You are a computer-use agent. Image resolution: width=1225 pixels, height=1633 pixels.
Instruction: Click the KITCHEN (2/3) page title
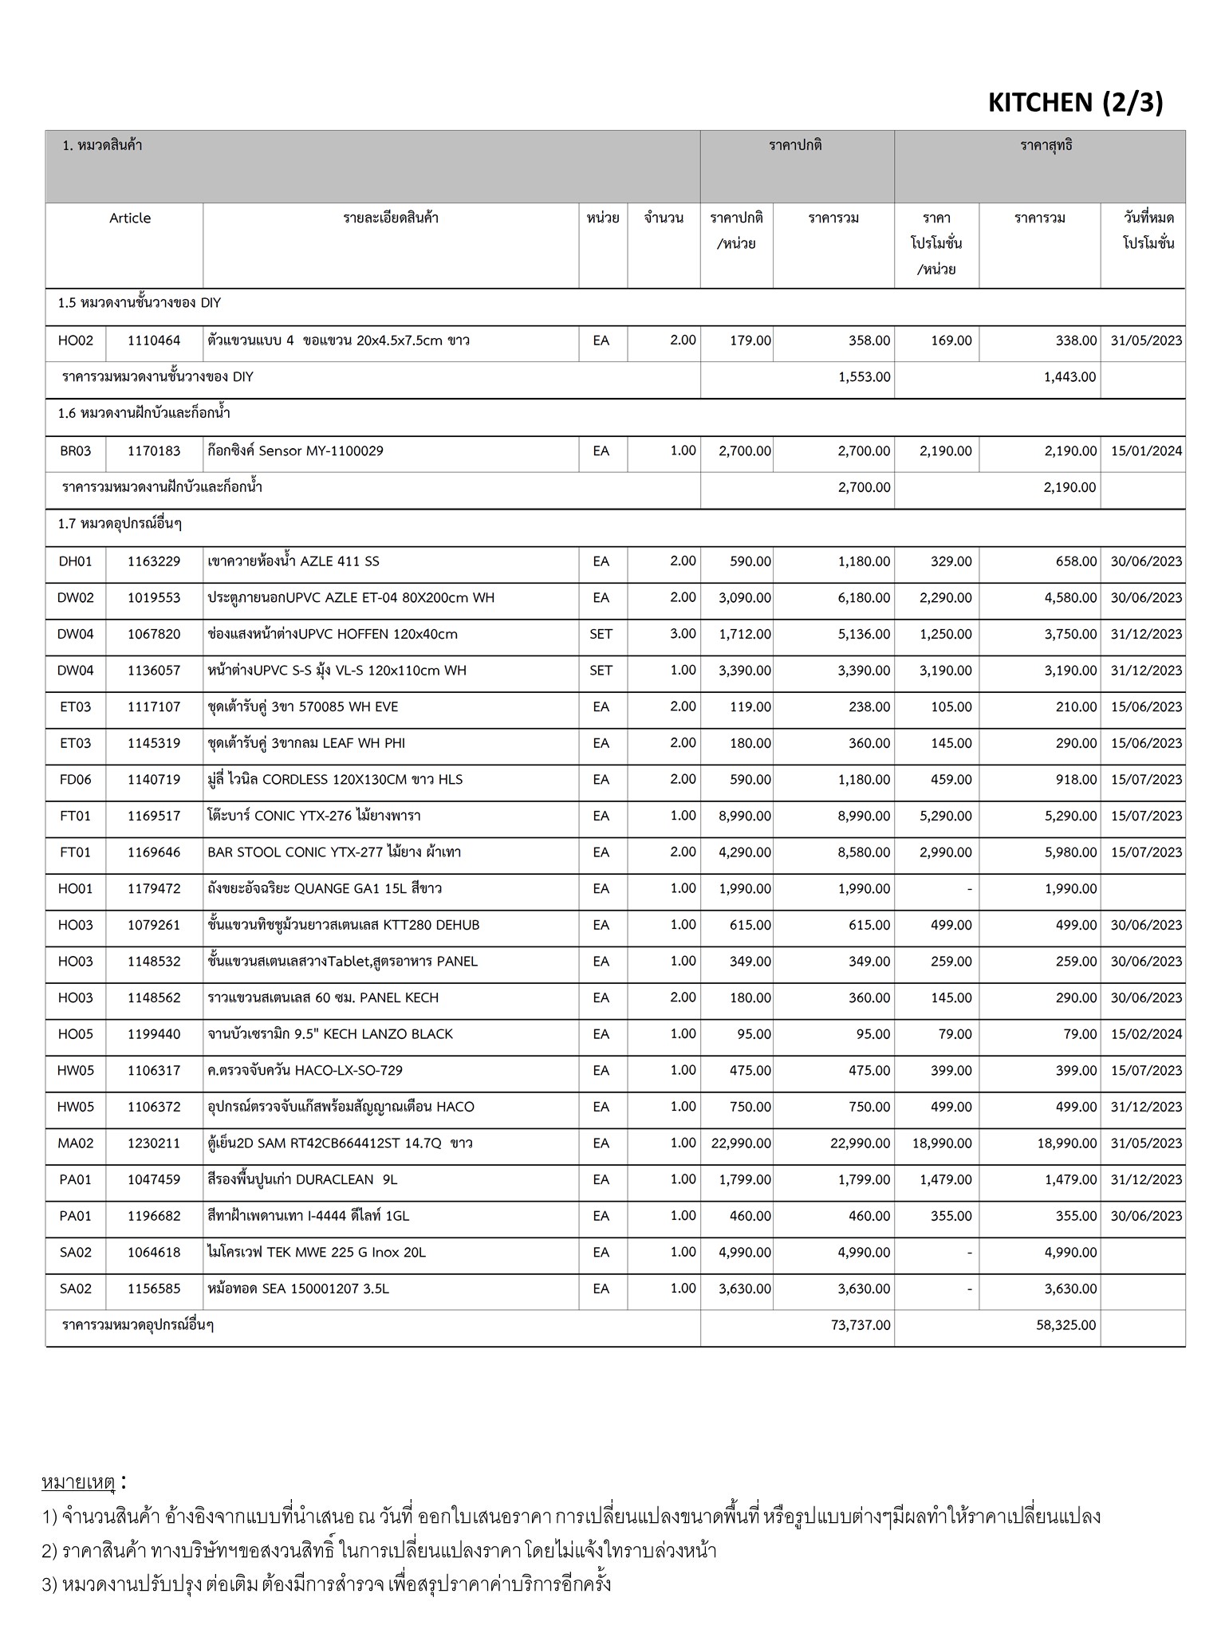[1075, 103]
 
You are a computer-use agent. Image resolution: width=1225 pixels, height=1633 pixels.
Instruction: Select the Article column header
[130, 218]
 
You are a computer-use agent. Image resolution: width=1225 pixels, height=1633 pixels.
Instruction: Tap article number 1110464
[154, 340]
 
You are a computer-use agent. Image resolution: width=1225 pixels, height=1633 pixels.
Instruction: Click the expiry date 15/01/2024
[1146, 451]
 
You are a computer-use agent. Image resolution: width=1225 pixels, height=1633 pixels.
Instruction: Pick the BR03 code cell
[76, 451]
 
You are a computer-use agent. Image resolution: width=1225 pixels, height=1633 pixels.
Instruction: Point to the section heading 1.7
[120, 524]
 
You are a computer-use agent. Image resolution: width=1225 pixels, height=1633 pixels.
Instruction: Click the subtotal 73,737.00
[860, 1325]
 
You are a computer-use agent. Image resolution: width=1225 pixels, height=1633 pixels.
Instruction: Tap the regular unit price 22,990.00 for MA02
[741, 1143]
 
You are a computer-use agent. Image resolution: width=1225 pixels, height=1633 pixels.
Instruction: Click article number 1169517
[154, 816]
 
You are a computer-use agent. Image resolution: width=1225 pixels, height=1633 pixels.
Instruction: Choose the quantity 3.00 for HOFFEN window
[683, 634]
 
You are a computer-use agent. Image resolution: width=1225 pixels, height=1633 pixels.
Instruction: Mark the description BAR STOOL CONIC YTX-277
[334, 852]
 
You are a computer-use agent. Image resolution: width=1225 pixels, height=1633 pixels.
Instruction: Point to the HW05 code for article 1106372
[76, 1107]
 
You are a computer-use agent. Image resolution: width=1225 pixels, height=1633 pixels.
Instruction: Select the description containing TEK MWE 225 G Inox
[317, 1253]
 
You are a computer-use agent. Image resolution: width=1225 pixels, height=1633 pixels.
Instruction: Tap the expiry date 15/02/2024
[1146, 1034]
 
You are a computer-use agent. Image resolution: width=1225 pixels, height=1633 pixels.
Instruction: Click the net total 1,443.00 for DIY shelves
[1069, 377]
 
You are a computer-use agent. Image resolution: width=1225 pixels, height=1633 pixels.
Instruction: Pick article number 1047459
[154, 1179]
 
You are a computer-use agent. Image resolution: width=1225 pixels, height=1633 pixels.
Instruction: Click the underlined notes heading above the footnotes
[78, 1483]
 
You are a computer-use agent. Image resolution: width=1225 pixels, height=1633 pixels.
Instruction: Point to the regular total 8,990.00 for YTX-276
[864, 816]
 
